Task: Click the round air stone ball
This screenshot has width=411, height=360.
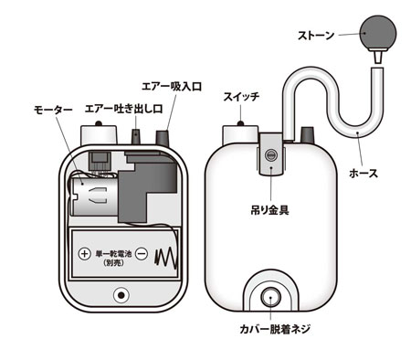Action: [x=378, y=33]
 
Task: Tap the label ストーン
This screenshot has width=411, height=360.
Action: [x=316, y=36]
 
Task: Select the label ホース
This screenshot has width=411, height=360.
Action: [x=364, y=174]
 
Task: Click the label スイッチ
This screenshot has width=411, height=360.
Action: [x=241, y=97]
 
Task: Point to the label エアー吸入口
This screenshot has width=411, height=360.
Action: [x=172, y=86]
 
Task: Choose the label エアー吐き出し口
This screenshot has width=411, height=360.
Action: [x=123, y=109]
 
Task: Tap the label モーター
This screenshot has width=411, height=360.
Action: [x=53, y=109]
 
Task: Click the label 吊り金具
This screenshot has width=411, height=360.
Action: [x=269, y=210]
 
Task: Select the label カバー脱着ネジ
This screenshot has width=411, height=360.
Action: [x=275, y=329]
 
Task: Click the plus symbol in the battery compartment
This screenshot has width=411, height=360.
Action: [x=85, y=253]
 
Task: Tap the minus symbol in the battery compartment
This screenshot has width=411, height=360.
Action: [x=142, y=253]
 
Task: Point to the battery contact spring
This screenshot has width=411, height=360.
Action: [x=166, y=258]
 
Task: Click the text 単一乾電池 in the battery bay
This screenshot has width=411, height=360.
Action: [x=113, y=253]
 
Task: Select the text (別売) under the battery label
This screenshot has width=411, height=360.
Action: [x=113, y=263]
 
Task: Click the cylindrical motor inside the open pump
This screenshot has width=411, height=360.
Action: [x=94, y=196]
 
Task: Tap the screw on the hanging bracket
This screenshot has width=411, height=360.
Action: [x=270, y=155]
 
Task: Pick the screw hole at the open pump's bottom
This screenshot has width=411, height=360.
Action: [x=121, y=295]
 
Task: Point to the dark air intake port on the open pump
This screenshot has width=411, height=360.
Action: [x=163, y=138]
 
